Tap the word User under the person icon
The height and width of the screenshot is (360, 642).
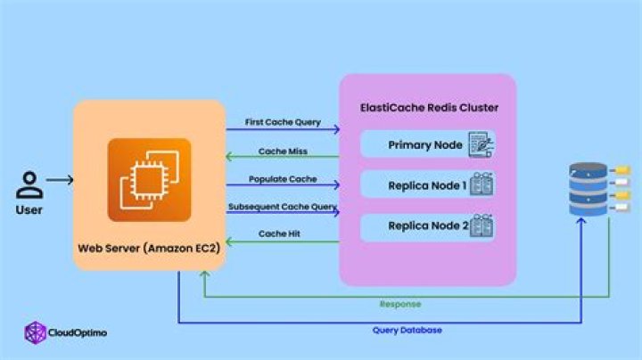(29, 209)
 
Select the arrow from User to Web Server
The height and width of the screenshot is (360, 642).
(60, 181)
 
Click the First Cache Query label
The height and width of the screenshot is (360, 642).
(283, 121)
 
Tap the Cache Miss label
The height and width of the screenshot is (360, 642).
(283, 151)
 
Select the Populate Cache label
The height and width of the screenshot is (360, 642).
(283, 179)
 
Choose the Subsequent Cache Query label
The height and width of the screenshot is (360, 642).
(283, 207)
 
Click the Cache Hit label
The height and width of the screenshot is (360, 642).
(283, 233)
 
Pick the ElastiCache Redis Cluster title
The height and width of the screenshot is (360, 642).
(428, 108)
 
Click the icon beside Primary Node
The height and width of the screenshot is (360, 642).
(481, 144)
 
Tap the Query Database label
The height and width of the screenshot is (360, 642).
(407, 330)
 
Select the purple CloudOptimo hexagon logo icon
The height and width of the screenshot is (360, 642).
(35, 332)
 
